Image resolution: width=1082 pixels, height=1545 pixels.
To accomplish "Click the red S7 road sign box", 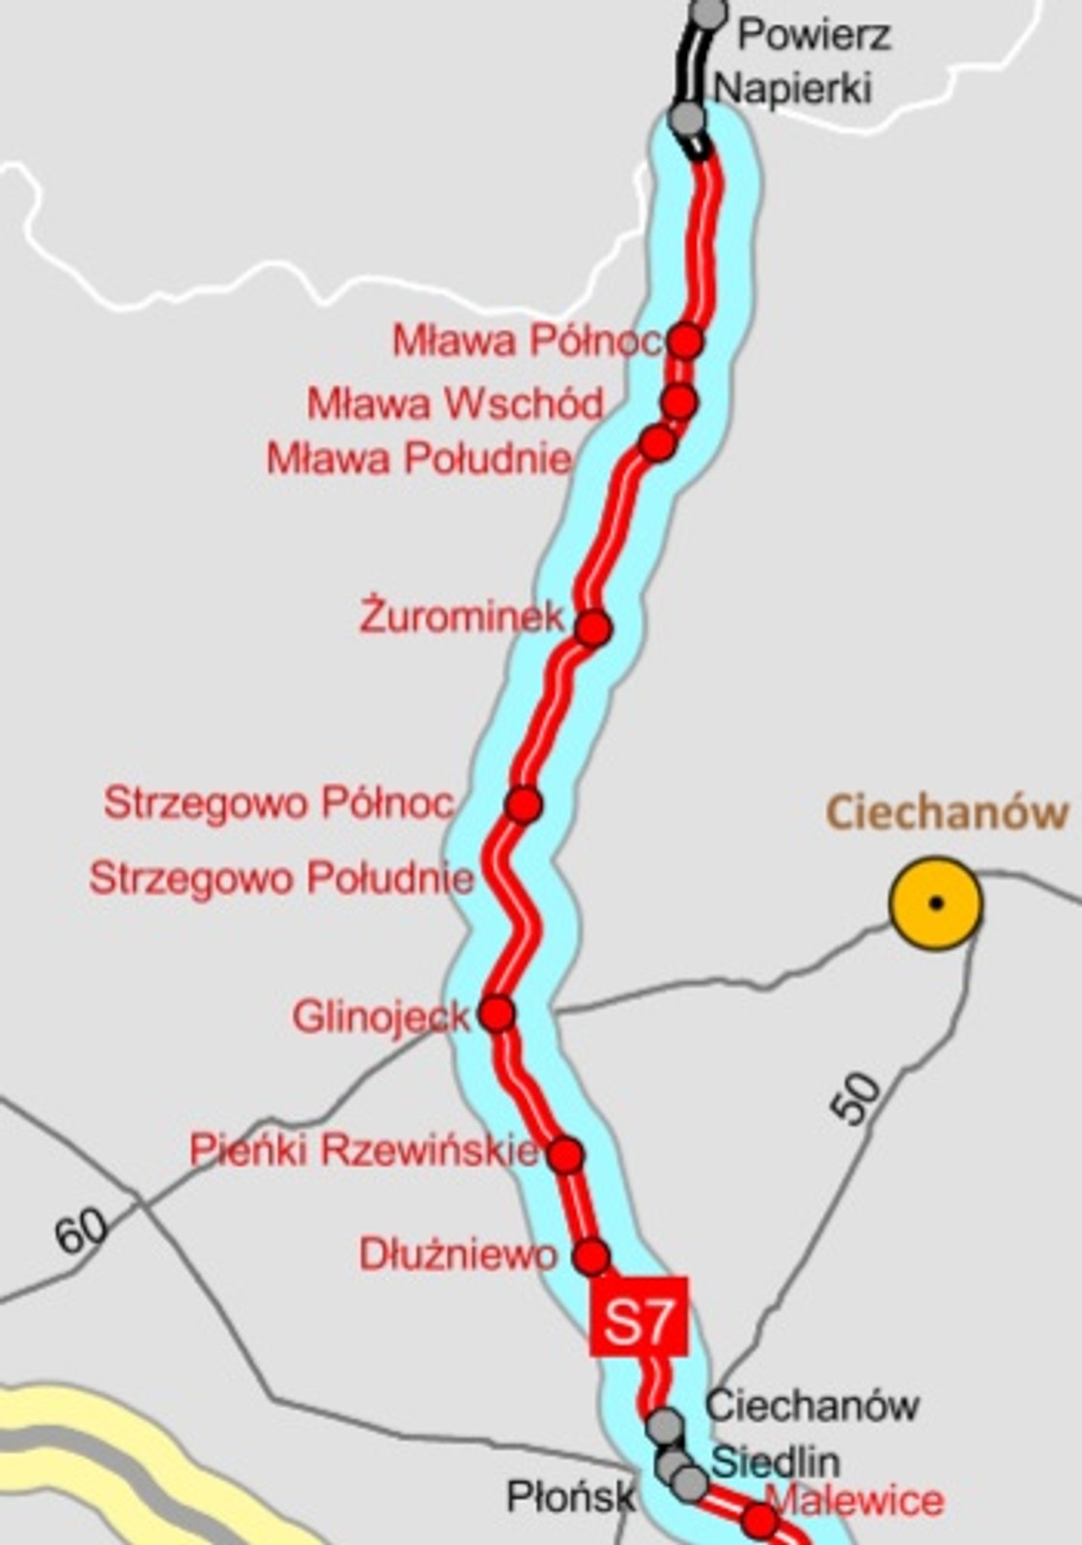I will pos(639,1316).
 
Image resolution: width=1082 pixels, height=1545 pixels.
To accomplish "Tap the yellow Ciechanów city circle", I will pos(935,904).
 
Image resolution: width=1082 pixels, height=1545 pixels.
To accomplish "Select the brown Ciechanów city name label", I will pos(948,812).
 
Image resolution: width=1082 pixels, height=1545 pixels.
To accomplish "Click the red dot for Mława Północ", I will pos(686,340).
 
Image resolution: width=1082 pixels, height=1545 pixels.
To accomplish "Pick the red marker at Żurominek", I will pos(594,628).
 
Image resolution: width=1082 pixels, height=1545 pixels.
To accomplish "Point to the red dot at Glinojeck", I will pos(498,1014).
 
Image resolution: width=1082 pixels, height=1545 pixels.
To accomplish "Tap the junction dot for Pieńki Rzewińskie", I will pos(566,1154).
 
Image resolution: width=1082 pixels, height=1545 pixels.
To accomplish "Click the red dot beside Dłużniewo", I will pos(591,1257).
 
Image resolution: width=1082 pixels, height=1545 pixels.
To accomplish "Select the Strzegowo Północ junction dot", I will pos(524,803).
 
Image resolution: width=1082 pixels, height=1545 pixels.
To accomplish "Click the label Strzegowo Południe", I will pos(281,879).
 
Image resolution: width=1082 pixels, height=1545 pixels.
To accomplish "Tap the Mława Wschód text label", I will pos(455,404).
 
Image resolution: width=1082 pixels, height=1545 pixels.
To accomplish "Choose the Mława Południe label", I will pos(419,458).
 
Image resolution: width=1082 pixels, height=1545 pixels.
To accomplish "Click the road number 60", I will pos(81,1232).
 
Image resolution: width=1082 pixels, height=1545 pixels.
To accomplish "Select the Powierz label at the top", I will pos(813,37).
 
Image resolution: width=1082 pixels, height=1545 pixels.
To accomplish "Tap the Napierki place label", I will pos(792,88).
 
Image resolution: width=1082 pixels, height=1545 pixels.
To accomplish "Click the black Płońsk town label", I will pos(571,1498).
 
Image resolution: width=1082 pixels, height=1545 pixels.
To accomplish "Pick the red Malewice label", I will pos(856,1500).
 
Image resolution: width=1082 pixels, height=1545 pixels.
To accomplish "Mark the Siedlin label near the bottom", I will pos(775,1462).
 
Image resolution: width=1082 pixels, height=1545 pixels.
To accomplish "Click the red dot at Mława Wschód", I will pos(680,401).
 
